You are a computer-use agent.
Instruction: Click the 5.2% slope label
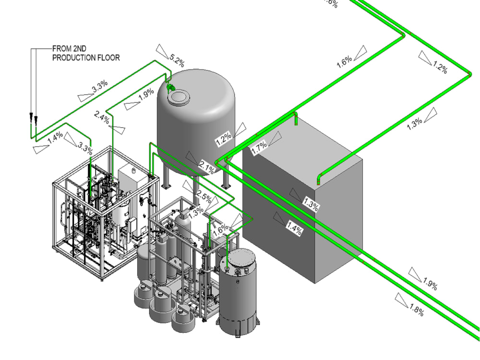(177, 61)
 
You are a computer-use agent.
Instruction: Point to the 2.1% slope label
(207, 166)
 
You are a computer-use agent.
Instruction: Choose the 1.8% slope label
(416, 311)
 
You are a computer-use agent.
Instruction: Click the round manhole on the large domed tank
(178, 97)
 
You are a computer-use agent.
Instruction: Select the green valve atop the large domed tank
(169, 87)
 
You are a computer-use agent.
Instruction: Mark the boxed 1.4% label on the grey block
(295, 228)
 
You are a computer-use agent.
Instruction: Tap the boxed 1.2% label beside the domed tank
(224, 139)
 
